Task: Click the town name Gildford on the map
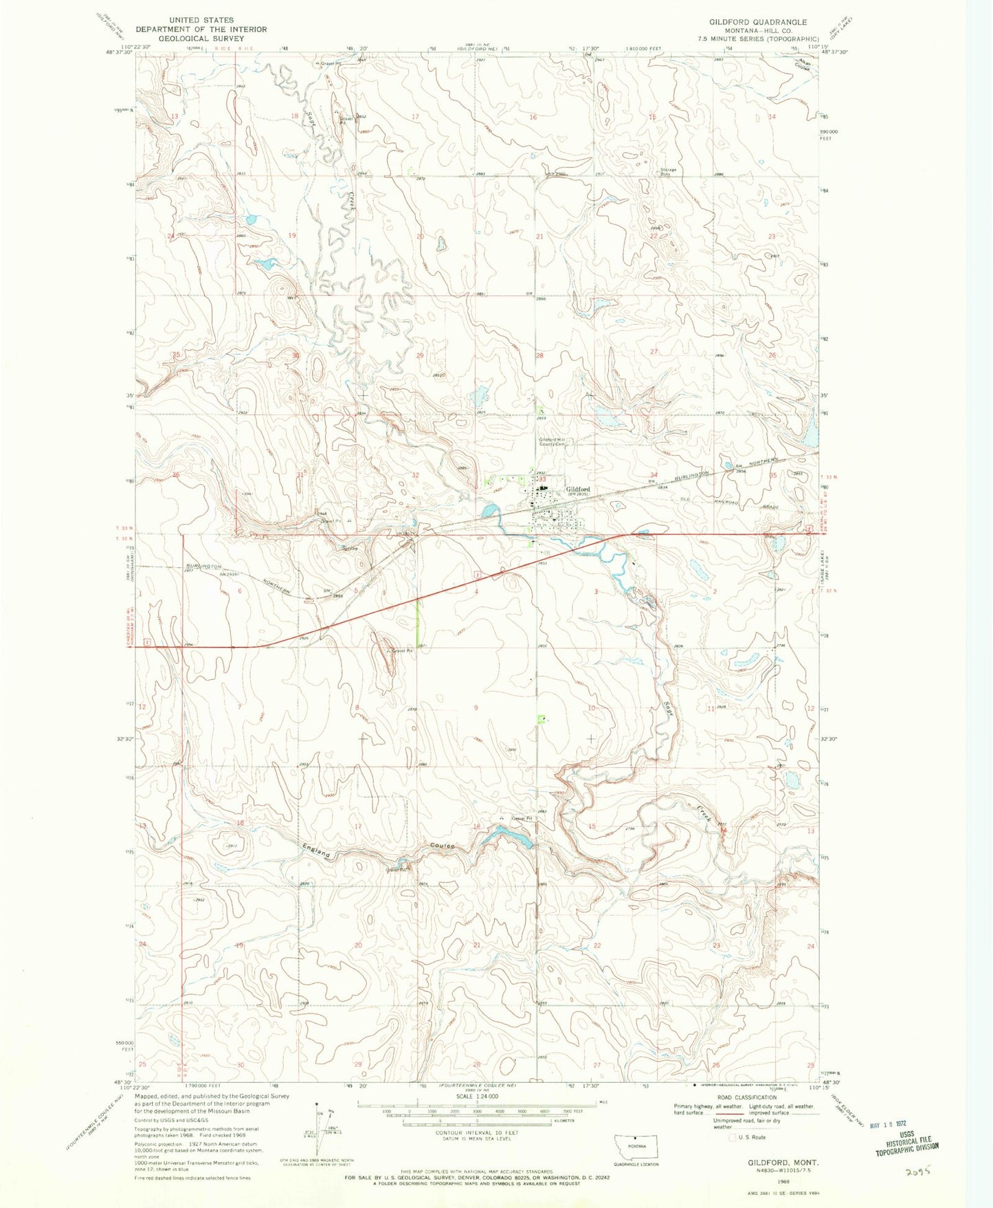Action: click(577, 490)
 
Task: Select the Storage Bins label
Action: click(669, 171)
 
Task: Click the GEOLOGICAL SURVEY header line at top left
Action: click(201, 39)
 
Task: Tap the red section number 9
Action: click(476, 707)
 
